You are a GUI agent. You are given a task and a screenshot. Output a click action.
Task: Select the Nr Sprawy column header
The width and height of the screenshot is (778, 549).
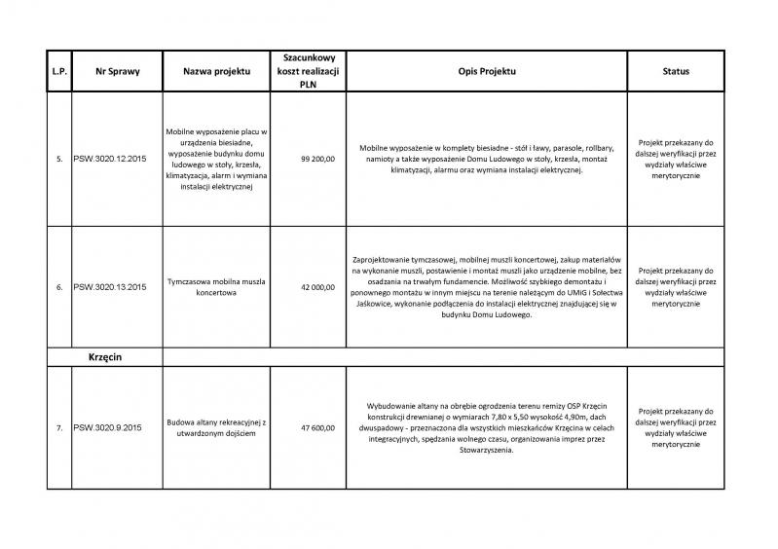pos(109,71)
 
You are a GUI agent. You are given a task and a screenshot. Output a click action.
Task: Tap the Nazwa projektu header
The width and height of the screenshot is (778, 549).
pos(217,71)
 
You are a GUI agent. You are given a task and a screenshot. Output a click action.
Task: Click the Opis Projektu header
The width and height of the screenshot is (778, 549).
pos(485,71)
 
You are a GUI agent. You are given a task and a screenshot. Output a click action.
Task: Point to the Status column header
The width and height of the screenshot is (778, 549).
pos(676,71)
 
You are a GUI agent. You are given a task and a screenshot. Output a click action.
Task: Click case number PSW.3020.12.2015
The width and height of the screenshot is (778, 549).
pos(109,158)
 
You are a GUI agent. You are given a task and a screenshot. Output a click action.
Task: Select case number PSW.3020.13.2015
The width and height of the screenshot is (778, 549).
pos(109,287)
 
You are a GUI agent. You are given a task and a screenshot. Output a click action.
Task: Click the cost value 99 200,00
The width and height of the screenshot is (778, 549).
pos(317,158)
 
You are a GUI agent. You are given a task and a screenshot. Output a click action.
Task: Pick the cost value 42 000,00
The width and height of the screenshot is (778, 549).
pos(317,287)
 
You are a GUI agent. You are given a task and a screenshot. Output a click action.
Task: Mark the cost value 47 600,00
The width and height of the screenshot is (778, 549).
pos(317,427)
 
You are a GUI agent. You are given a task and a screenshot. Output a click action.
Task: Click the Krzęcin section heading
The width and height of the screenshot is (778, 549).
pos(109,356)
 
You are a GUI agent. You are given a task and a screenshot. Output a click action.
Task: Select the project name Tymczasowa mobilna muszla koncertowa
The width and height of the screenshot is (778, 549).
pos(217,287)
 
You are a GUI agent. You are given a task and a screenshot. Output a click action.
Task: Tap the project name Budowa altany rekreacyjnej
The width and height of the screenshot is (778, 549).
pos(217,427)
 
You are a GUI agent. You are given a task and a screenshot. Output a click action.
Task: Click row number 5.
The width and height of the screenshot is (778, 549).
pos(59,158)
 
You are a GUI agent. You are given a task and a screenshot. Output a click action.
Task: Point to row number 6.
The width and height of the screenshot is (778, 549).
pos(59,287)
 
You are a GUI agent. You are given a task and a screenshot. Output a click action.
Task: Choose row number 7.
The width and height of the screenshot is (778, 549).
pos(59,427)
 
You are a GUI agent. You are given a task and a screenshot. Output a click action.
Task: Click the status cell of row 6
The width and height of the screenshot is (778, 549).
pos(676,287)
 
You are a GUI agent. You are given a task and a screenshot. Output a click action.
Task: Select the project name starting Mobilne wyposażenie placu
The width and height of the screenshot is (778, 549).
pos(217,158)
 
